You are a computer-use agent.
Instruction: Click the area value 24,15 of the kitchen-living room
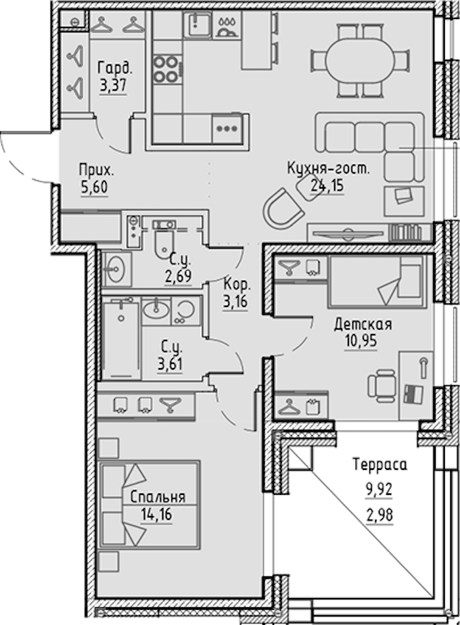pos(327,185)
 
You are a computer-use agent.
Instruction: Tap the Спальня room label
pos(158,497)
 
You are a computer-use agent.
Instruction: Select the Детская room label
pos(363,325)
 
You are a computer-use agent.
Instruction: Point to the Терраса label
pos(379,465)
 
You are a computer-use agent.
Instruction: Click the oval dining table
pos(361,60)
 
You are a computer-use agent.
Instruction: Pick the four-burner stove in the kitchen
pos(166,68)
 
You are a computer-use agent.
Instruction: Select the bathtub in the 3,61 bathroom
pos(121,340)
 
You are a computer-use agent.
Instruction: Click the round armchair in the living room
pos(283,209)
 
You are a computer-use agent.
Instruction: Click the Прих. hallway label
pos(96,171)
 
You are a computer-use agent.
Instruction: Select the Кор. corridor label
pos(237,285)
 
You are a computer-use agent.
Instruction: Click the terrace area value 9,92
pos(379,490)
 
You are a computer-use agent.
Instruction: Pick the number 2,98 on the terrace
pos(379,515)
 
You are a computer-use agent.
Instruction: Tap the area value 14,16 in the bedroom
pos(156,515)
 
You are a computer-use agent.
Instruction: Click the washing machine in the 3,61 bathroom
pos(185,310)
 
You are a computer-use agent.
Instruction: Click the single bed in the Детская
pos(377,282)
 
